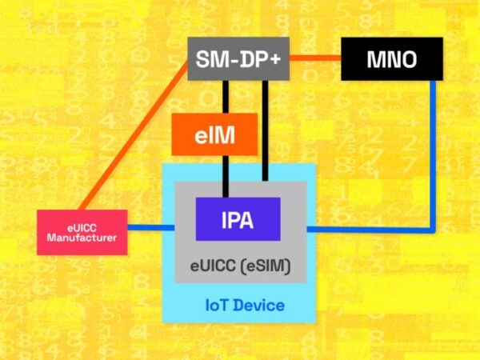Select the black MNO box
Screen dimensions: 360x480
(391, 60)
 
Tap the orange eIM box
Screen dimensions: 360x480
(214, 134)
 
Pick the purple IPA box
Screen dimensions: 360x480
(238, 219)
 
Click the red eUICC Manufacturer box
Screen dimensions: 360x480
(82, 232)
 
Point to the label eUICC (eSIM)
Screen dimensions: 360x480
(241, 265)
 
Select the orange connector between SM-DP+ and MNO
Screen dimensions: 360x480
(315, 58)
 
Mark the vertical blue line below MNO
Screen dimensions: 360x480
(434, 152)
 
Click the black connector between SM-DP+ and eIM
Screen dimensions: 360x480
(226, 96)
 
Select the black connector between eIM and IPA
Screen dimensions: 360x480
(226, 176)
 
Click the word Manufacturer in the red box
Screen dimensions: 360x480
(82, 238)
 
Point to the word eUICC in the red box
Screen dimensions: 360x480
(82, 226)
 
